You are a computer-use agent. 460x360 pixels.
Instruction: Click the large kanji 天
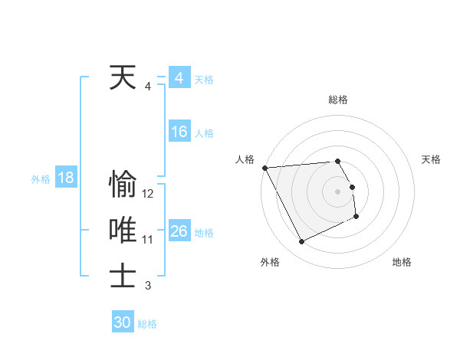[123, 77]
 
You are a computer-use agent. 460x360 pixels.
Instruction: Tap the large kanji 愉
[123, 185]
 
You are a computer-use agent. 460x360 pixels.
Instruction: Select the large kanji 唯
[123, 230]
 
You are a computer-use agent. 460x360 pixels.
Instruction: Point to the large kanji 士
[123, 276]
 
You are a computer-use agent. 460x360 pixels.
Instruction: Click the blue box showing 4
[179, 78]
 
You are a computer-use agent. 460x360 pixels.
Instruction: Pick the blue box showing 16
[179, 132]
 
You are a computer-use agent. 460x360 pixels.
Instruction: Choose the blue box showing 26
[179, 231]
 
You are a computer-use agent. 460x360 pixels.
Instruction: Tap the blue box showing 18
[65, 178]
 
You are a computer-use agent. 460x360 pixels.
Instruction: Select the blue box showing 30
[123, 322]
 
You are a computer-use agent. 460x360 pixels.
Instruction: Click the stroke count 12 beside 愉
[148, 194]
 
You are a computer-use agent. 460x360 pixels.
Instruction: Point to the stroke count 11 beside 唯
[148, 240]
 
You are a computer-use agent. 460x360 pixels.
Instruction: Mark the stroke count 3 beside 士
[148, 286]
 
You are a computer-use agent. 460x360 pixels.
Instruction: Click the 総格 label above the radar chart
[337, 100]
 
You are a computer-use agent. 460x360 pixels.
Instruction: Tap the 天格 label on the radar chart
[432, 159]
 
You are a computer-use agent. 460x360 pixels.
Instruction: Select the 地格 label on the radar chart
[402, 262]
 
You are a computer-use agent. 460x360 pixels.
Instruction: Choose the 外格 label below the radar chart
[270, 262]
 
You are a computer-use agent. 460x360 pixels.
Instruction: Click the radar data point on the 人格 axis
[264, 168]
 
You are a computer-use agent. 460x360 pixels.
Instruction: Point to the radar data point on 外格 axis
[301, 242]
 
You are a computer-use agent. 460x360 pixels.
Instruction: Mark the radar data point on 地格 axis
[356, 218]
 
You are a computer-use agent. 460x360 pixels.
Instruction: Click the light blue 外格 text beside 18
[40, 179]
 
